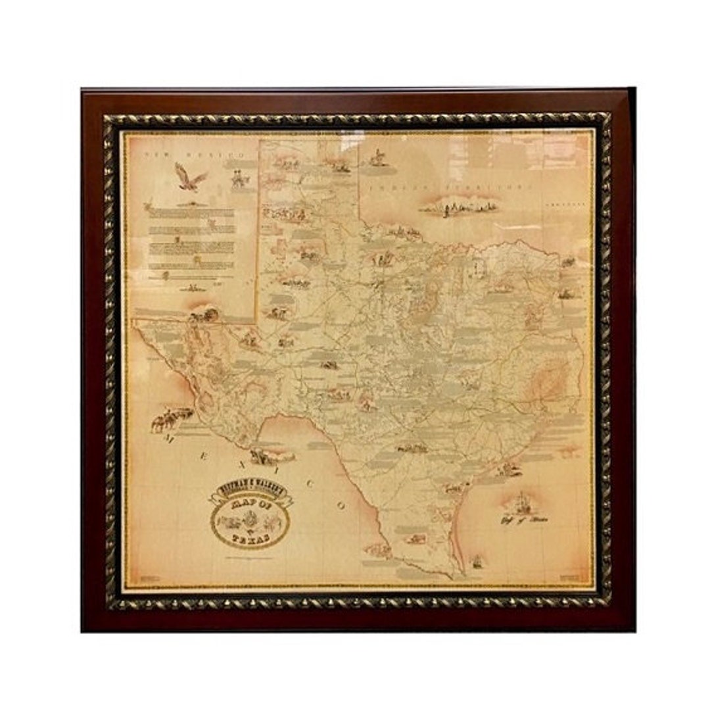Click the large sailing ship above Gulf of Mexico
[523, 503]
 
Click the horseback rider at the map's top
[377, 158]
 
